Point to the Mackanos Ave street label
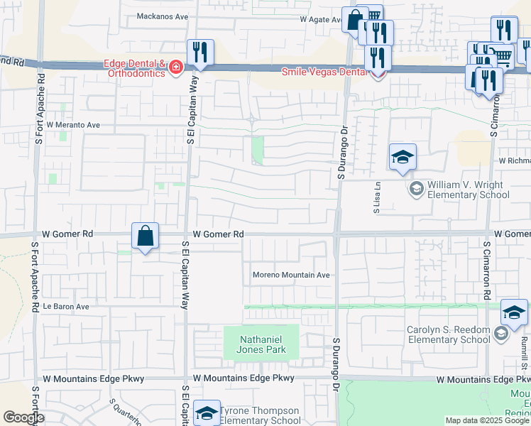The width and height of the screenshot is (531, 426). [163, 16]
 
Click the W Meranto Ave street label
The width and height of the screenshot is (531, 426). [74, 124]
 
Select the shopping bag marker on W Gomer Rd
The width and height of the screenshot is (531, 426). [145, 236]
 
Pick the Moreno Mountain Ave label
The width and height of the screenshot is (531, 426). [292, 275]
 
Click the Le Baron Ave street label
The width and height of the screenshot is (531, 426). [66, 307]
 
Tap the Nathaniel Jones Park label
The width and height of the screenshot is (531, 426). [263, 344]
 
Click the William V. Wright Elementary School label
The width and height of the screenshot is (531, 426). [464, 190]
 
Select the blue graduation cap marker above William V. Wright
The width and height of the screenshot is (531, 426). [403, 157]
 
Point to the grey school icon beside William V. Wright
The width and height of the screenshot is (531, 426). [415, 188]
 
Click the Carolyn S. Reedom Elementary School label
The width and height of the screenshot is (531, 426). [448, 334]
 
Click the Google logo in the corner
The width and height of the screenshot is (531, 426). [23, 417]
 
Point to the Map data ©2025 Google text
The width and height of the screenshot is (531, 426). [487, 420]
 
